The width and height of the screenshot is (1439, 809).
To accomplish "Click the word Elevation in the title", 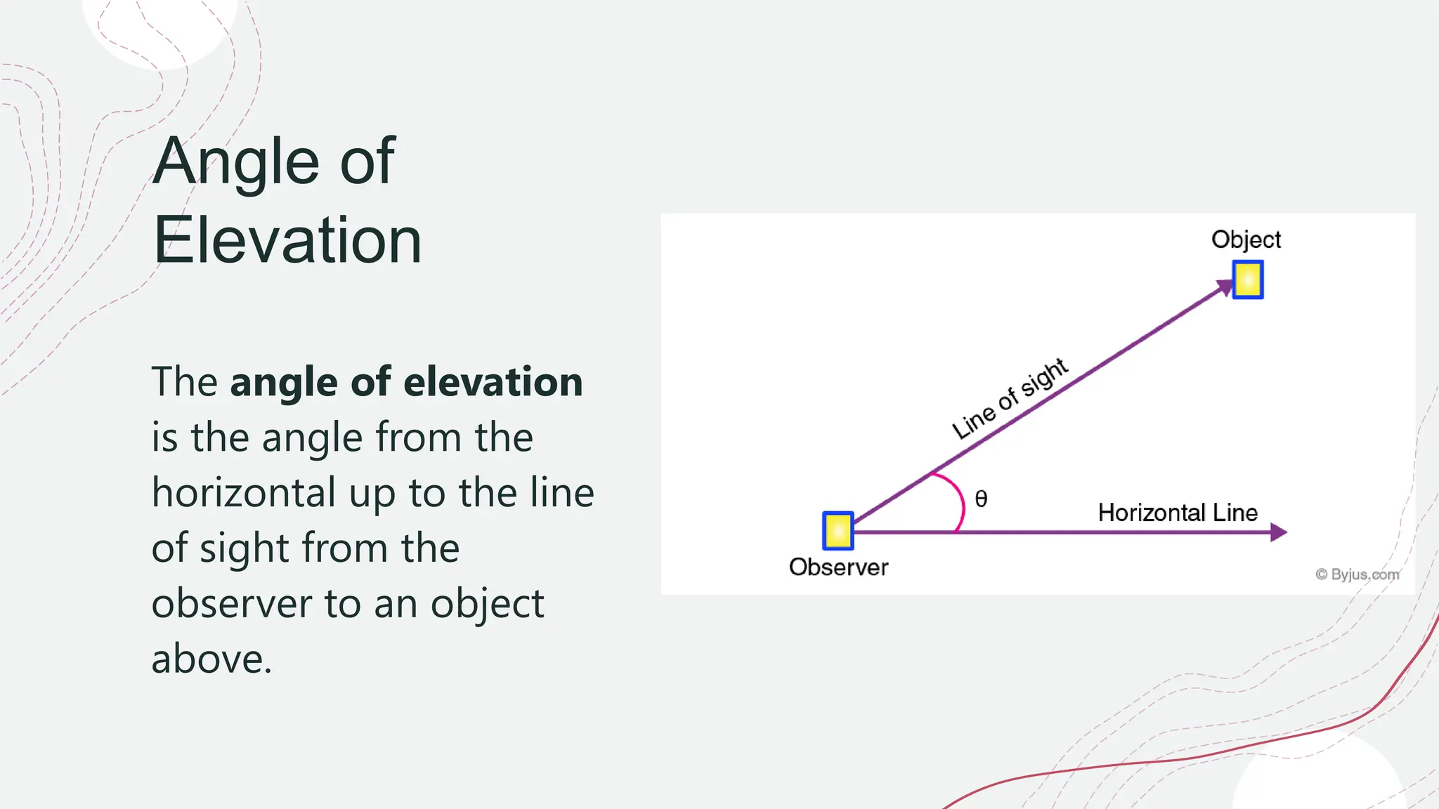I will point(287,240).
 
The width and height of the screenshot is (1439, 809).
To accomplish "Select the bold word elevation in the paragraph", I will point(493,382).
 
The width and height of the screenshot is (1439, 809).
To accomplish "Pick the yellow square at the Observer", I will point(838,531).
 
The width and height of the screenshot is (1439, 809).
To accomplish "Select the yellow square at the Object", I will point(1248,279).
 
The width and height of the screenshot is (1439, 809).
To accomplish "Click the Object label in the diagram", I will point(1246,239).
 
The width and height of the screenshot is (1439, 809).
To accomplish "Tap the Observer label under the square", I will point(838,567).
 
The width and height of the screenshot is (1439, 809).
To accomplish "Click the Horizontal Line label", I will point(1178,513).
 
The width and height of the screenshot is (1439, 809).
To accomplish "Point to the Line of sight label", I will point(1010,398).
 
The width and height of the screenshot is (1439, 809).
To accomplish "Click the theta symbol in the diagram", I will point(982,499).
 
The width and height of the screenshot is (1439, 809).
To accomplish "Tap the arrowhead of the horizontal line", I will point(1279,532).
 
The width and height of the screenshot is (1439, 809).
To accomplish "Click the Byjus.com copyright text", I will point(1357,574).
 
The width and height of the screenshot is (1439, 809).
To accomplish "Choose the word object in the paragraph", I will point(488,603).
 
